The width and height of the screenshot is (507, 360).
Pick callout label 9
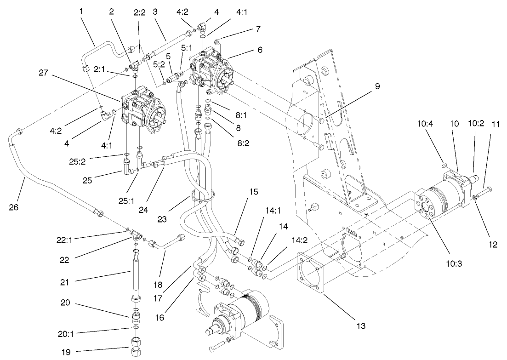[376, 86]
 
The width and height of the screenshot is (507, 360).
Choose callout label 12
[493, 245]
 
